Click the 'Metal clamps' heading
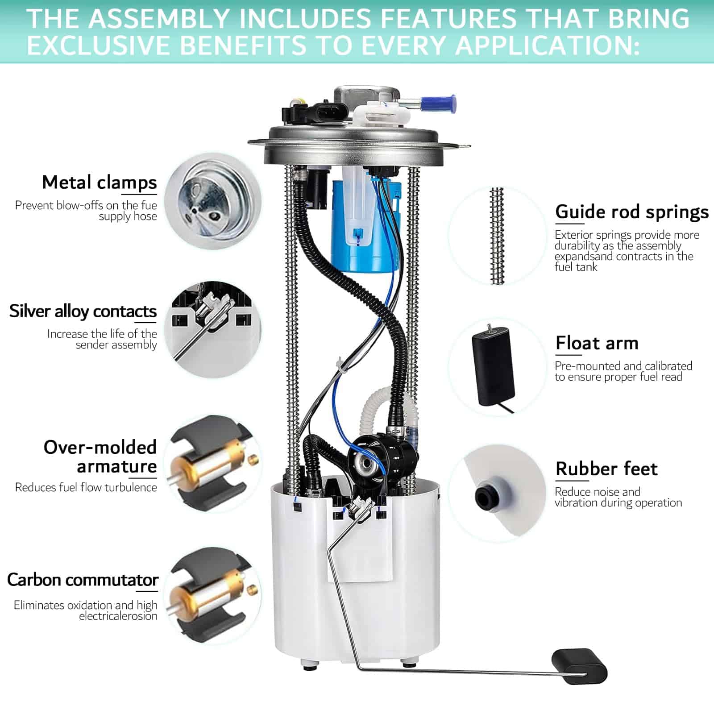[x=100, y=183]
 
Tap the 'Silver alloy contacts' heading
[x=83, y=311]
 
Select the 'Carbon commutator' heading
[x=83, y=580]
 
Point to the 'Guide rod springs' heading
[x=632, y=212]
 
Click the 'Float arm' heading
[x=597, y=343]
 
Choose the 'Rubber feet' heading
[x=606, y=469]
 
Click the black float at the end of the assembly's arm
[x=579, y=666]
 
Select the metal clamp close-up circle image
[x=213, y=201]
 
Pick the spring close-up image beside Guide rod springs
[x=497, y=236]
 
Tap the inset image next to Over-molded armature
[x=213, y=464]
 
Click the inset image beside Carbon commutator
[x=213, y=596]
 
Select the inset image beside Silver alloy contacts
[x=213, y=330]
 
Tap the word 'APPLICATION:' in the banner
[x=547, y=46]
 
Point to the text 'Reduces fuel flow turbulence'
[x=86, y=487]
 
